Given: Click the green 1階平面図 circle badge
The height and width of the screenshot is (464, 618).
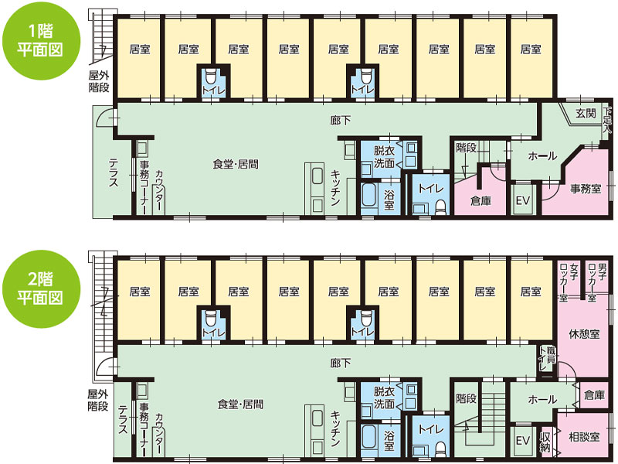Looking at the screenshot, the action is point(41,41).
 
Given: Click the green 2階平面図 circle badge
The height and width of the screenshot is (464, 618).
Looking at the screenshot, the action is point(41,288).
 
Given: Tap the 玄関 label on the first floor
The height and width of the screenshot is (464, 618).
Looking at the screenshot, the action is point(586,113).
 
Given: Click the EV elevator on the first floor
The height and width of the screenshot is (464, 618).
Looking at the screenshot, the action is point(523,200).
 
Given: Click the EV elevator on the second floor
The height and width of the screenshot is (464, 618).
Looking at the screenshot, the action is point(523,441).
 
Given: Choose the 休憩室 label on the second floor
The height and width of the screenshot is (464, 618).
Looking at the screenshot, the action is point(584,334).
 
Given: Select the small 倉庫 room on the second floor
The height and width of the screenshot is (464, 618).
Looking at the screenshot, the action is point(594,395).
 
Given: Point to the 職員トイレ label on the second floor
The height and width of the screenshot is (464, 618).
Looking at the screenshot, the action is point(547,358).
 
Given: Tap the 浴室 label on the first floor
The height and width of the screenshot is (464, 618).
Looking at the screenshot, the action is point(389,200).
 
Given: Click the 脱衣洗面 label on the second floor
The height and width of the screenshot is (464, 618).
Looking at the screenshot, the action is point(384,397).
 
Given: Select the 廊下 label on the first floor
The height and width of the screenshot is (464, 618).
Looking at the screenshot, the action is point(341,120).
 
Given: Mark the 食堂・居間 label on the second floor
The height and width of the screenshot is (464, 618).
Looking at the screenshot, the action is point(240,404).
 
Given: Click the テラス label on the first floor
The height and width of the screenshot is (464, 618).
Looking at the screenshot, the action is point(114,172).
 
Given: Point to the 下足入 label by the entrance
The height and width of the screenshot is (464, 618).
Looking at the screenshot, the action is point(607,120).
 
